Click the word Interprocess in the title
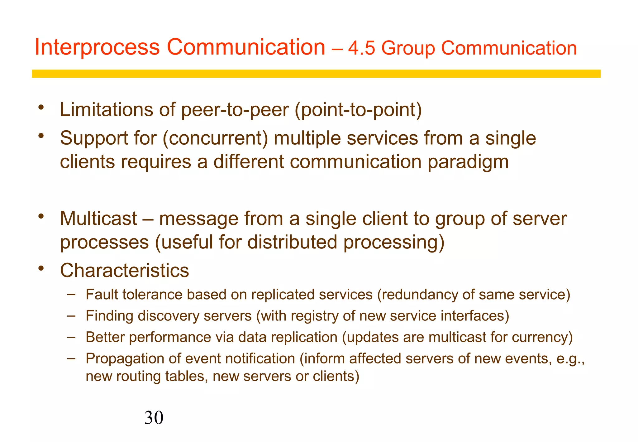pos(97,48)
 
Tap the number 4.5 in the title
pos(361,49)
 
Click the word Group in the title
pos(408,49)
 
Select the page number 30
pos(154,418)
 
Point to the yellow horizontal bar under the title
pos(316,74)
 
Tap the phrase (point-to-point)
pos(358,110)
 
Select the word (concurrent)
pos(215,138)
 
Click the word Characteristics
pos(125,270)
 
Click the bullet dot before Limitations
pos(41,108)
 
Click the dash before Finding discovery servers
pos(71,315)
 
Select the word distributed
pos(292,242)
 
